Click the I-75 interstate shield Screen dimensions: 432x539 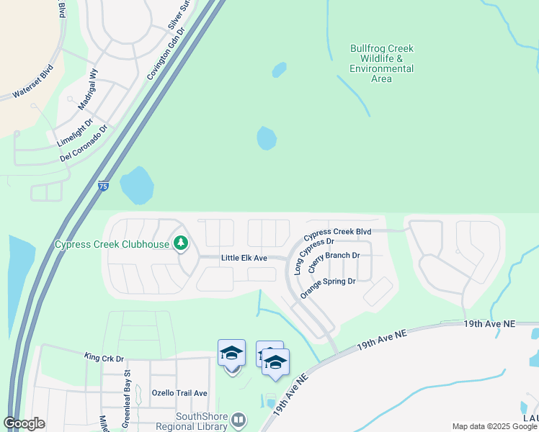tap(104, 186)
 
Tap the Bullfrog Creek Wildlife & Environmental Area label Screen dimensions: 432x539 tap(381, 63)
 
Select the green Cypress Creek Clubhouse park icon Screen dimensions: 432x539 tap(181, 243)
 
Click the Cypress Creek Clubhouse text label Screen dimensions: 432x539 tap(112, 244)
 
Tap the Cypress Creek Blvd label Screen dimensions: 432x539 tap(337, 233)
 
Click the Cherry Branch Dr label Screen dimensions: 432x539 tap(334, 259)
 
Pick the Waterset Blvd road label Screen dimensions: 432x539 tap(33, 83)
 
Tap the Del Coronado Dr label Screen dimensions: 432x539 tap(84, 143)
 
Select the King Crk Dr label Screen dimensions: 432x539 tap(104, 357)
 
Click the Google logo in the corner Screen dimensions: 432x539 tap(24, 423)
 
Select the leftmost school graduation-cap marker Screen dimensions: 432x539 tap(231, 354)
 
